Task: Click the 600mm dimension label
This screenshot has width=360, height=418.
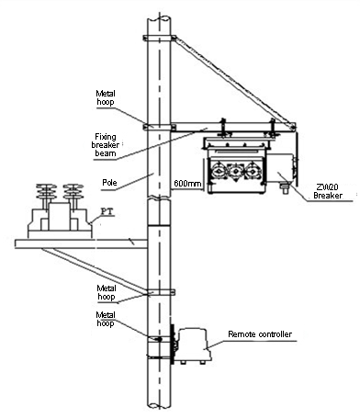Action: coord(188,184)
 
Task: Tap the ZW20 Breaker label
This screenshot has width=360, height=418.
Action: coord(328,191)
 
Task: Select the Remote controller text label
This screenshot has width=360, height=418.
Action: coord(260,334)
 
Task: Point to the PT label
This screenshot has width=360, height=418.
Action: coord(107,211)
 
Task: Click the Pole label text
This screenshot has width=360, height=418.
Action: coord(109,183)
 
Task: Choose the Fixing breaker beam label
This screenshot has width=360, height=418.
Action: coord(105,145)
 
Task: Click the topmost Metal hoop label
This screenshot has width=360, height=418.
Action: coord(106,97)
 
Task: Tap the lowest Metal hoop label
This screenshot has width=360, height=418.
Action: coord(106,319)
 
